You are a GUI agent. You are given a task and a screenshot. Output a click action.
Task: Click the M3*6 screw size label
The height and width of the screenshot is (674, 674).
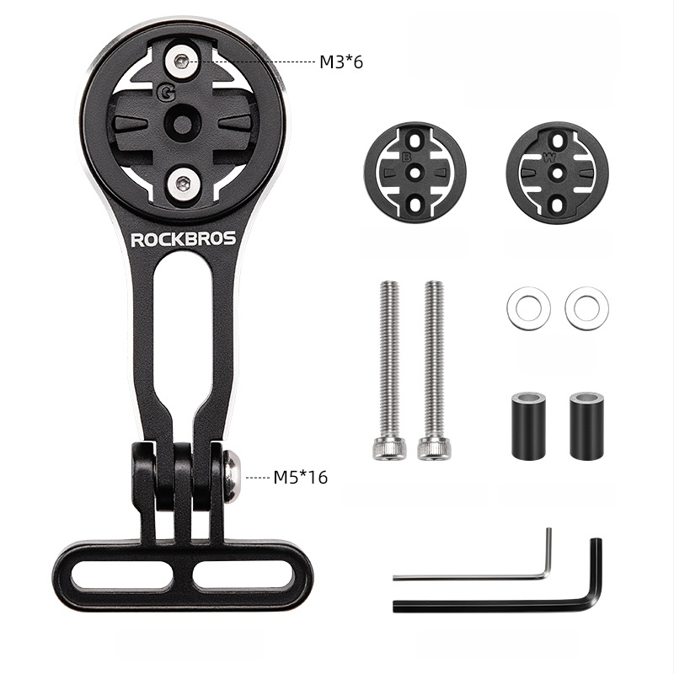tap(341, 62)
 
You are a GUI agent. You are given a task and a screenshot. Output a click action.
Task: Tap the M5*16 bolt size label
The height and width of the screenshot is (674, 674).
tap(301, 477)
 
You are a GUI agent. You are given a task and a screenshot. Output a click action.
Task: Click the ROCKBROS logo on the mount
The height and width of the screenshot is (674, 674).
tap(184, 239)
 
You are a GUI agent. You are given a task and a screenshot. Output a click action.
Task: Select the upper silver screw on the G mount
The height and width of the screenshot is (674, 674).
tap(182, 62)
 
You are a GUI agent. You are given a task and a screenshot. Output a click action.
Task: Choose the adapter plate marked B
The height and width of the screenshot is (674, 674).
tap(415, 173)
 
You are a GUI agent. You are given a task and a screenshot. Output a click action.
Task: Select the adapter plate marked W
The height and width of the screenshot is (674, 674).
tap(557, 173)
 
